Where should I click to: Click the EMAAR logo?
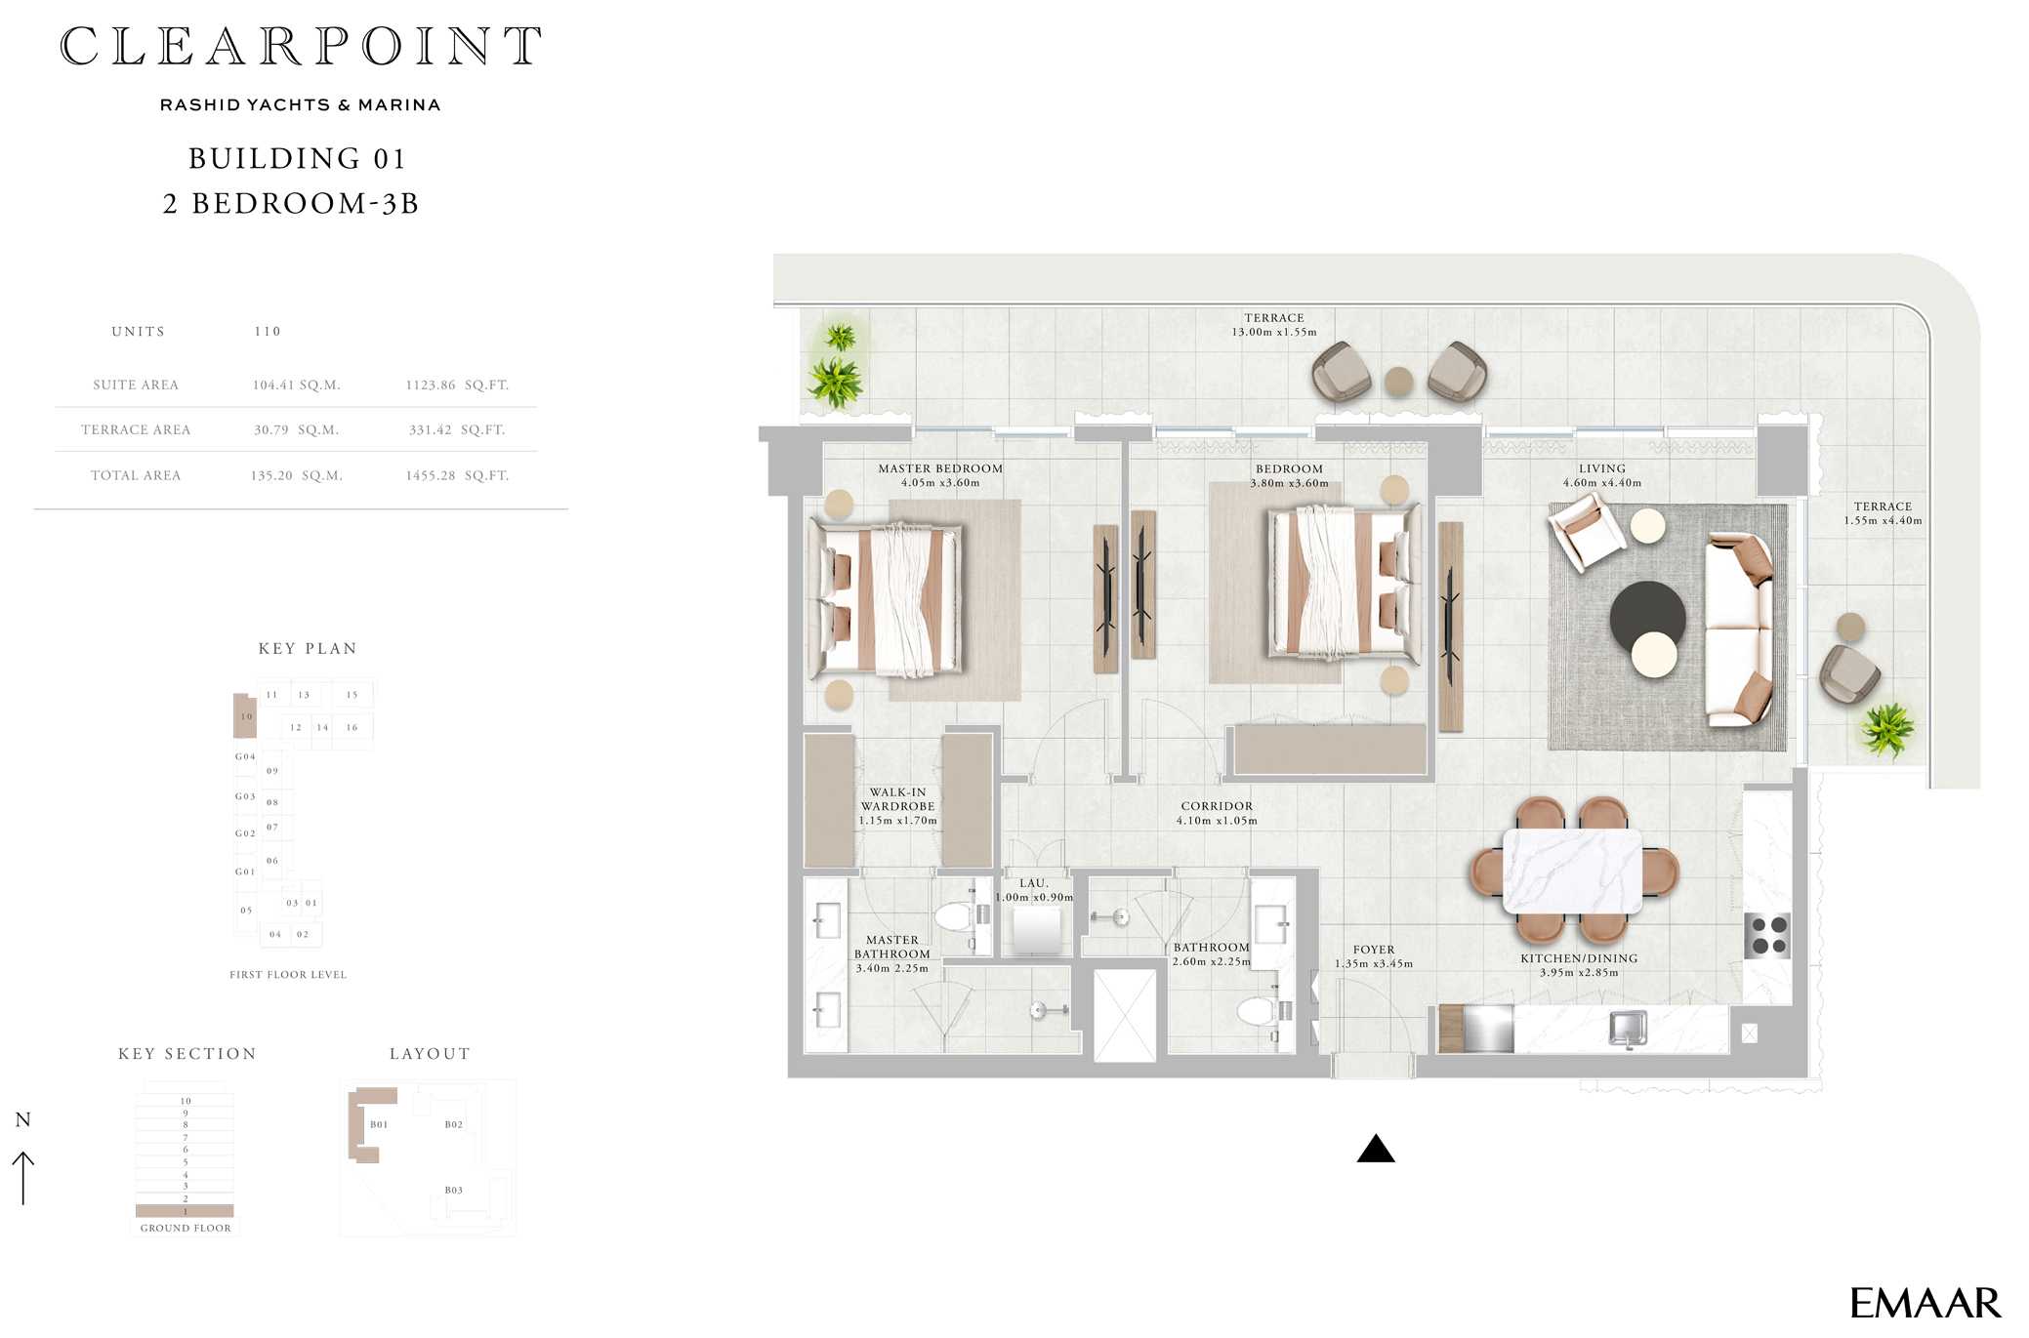(1925, 1303)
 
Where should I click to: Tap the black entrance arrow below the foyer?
(1375, 1149)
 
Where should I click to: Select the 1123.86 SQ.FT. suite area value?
(457, 385)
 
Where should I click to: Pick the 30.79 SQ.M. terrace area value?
(296, 429)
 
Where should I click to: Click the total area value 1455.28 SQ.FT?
(457, 475)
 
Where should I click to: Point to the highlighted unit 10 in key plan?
(245, 715)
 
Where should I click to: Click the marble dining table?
(1572, 871)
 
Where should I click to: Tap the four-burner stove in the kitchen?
(1768, 935)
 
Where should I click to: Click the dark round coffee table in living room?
(1647, 618)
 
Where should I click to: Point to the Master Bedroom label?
(940, 468)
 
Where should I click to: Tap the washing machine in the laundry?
(1036, 930)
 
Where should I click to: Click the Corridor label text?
(1217, 806)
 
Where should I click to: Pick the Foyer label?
(1374, 950)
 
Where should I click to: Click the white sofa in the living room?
(1739, 630)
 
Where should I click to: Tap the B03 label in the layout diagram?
(454, 1191)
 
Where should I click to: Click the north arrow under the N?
(22, 1178)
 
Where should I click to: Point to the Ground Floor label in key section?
(186, 1228)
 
